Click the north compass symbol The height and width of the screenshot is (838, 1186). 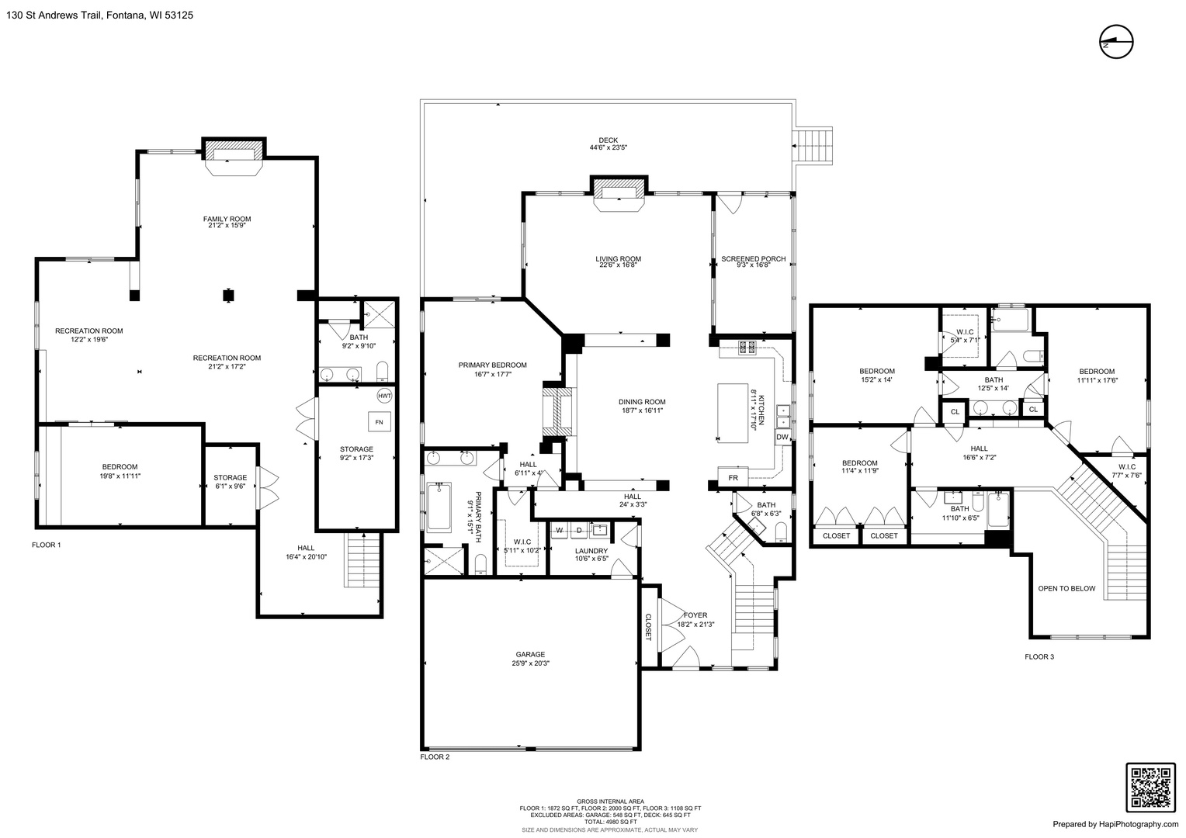[x=1116, y=42]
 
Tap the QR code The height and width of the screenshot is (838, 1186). [x=1150, y=788]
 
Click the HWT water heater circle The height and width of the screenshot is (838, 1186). [x=384, y=396]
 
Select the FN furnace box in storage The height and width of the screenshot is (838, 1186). [x=379, y=422]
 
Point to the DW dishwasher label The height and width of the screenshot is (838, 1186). [x=782, y=438]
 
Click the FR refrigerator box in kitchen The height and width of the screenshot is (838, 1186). [x=733, y=477]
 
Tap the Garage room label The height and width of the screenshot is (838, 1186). [x=531, y=655]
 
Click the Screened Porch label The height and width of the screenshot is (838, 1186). [x=754, y=259]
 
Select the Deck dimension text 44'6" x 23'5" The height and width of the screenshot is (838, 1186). [x=609, y=147]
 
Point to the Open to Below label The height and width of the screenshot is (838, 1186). [x=1066, y=589]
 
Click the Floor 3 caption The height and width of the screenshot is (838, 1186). [x=1039, y=657]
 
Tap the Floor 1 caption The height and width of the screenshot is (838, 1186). [x=46, y=545]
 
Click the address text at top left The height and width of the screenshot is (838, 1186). [x=99, y=16]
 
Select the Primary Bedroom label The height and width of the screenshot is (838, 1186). [x=492, y=365]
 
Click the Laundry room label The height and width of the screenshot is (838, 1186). [x=591, y=551]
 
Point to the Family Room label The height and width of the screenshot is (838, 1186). [x=227, y=219]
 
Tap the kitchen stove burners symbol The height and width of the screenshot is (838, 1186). [x=747, y=348]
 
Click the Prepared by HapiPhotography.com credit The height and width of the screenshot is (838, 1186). [x=1115, y=824]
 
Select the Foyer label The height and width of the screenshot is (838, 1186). [x=695, y=615]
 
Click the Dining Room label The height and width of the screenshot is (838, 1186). [x=642, y=402]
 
